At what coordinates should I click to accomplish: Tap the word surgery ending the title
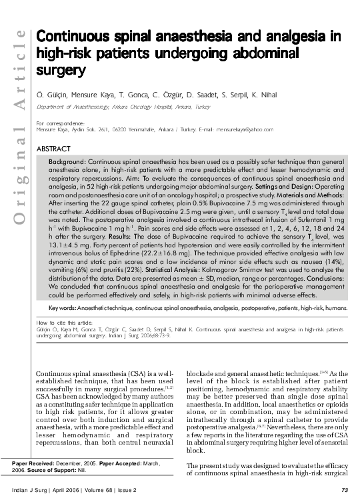[61, 69]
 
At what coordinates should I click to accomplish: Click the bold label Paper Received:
[34, 461]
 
